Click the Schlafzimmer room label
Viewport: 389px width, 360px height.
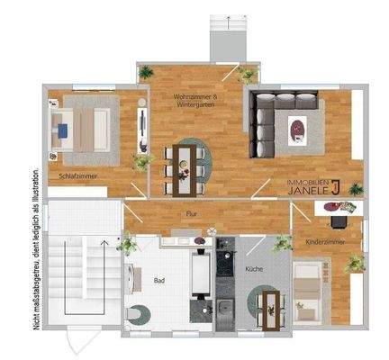(x=72, y=176)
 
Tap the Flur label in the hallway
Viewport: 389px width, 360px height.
(x=190, y=214)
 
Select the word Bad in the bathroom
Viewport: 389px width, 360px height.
(x=158, y=280)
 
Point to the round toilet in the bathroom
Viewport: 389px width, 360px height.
(x=138, y=314)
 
